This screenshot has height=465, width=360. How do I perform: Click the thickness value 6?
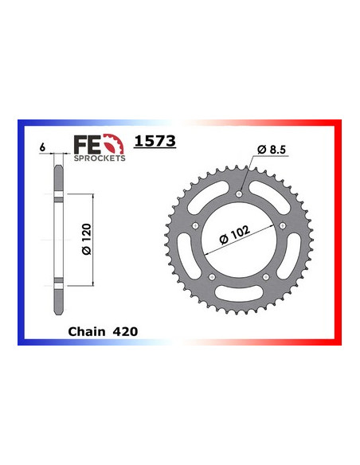(x=41, y=147)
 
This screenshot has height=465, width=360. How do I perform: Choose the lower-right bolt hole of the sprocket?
(x=266, y=277)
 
